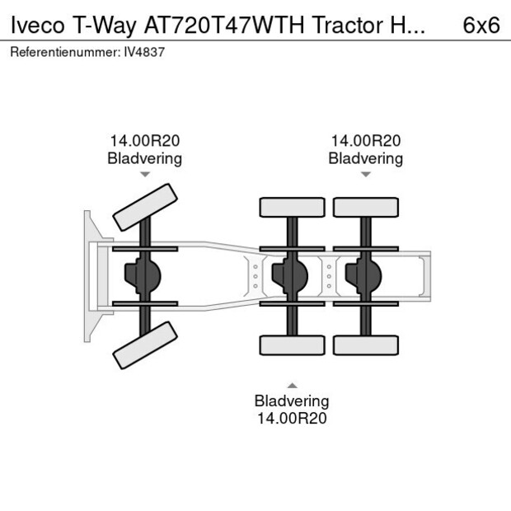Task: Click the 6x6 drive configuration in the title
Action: tap(481, 25)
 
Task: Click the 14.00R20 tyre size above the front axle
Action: tap(145, 141)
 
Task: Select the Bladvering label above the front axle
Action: tap(145, 158)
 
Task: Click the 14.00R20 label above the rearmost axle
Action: tap(365, 141)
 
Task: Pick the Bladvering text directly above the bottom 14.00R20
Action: tap(291, 401)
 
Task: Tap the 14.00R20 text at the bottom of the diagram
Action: tap(291, 418)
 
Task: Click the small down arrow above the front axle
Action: tap(145, 175)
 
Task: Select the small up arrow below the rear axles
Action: tap(291, 385)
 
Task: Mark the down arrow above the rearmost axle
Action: tap(365, 175)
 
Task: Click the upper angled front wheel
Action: tap(145, 208)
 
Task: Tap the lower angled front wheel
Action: tap(145, 345)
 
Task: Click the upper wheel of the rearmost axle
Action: tap(365, 207)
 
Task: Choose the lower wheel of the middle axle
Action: tap(292, 345)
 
